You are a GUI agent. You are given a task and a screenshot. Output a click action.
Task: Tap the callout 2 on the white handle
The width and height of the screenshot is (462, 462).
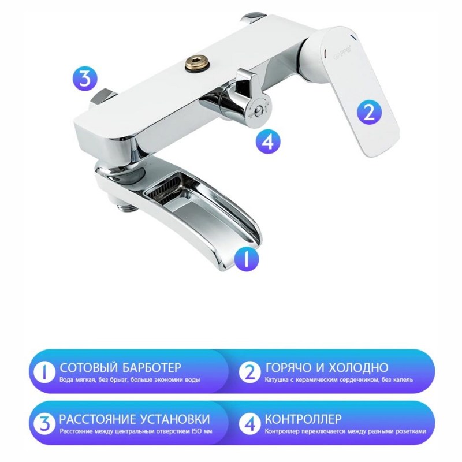click(x=369, y=112)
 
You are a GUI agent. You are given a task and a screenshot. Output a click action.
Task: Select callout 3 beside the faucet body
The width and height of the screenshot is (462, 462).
click(x=85, y=79)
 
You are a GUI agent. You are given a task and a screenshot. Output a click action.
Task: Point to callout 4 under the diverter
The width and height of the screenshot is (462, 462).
click(x=268, y=142)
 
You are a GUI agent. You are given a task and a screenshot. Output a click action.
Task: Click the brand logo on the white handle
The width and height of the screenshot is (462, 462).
click(x=342, y=54)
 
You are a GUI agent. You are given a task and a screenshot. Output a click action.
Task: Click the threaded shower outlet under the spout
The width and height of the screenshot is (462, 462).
click(x=127, y=208)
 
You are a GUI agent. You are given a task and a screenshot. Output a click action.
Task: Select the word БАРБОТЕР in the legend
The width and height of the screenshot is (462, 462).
click(x=151, y=367)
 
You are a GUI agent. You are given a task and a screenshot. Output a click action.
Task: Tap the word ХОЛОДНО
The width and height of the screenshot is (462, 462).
click(x=358, y=367)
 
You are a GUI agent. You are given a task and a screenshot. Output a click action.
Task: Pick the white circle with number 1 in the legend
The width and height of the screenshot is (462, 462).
click(x=44, y=372)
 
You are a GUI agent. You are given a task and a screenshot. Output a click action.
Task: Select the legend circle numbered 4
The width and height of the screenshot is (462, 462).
click(x=250, y=424)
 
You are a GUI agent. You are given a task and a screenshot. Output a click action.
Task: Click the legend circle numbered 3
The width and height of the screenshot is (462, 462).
click(x=44, y=424)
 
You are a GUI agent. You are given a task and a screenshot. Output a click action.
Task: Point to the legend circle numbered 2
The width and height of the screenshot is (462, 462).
click(x=250, y=372)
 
